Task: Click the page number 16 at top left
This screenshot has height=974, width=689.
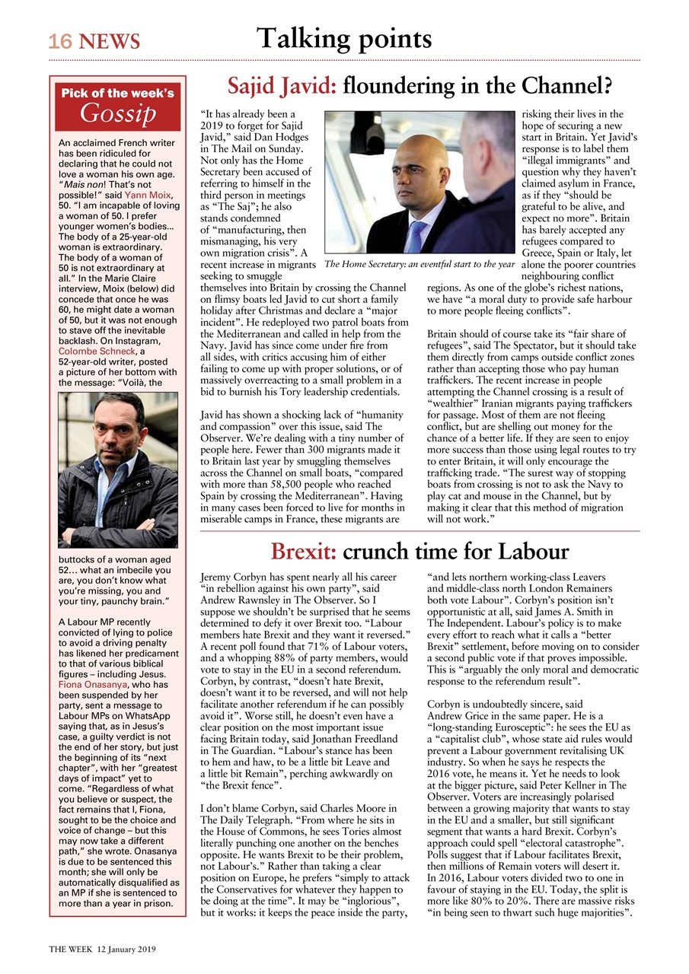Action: coord(59,41)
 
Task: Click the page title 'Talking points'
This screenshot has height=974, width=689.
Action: coord(344,37)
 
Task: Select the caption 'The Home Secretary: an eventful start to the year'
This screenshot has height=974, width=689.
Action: coord(419,265)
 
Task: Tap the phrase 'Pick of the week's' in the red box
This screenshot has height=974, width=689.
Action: coord(118,94)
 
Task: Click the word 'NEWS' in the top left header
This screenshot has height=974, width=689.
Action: coord(107,41)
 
